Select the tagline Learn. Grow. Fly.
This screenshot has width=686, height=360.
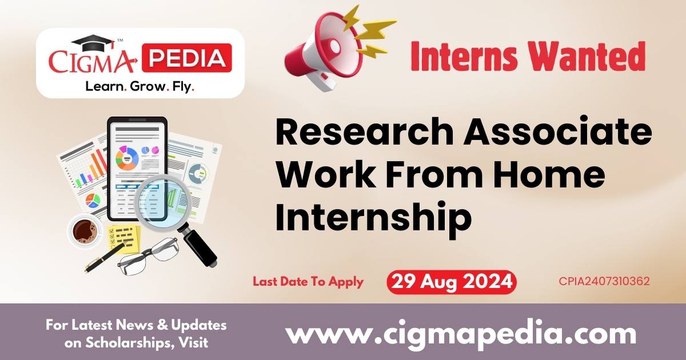(x=139, y=86)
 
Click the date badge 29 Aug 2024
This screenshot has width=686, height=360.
(x=451, y=282)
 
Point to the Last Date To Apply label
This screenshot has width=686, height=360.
(x=308, y=282)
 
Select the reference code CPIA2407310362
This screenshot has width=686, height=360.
(x=604, y=282)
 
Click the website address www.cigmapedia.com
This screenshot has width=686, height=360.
(x=461, y=333)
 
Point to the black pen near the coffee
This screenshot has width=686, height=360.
(x=103, y=258)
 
